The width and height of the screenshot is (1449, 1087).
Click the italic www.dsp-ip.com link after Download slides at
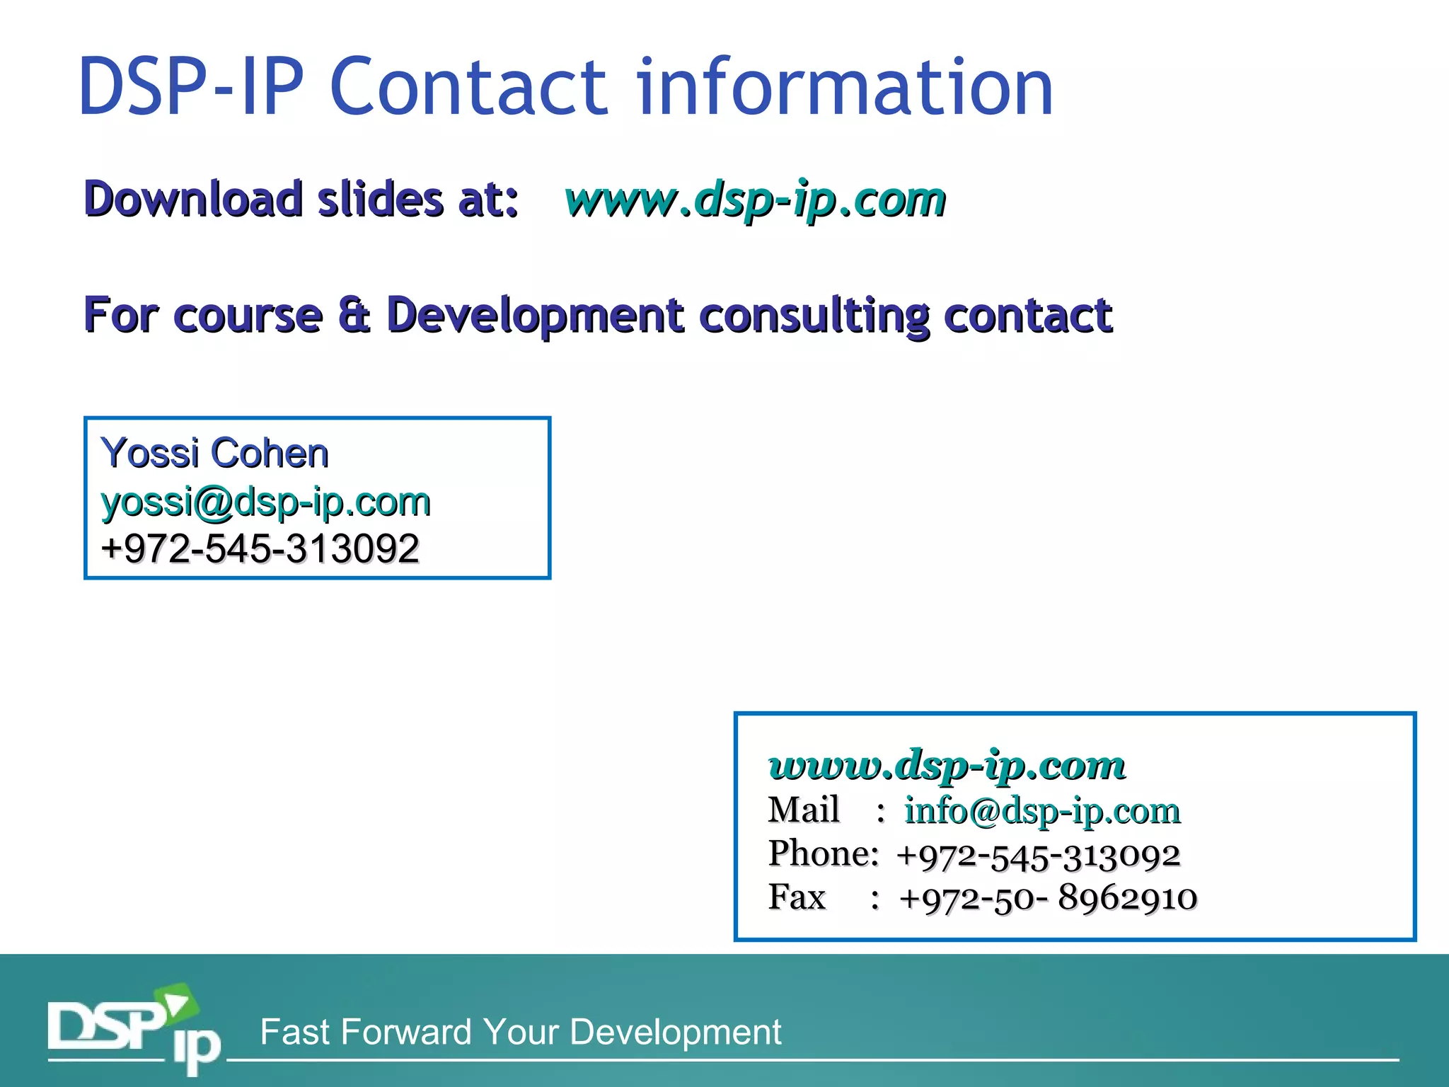click(755, 200)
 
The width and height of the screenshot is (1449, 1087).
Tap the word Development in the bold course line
click(535, 316)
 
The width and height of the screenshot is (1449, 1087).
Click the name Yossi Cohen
click(215, 453)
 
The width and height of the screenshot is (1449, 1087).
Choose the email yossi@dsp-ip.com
click(266, 502)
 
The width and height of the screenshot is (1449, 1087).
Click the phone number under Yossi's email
click(260, 549)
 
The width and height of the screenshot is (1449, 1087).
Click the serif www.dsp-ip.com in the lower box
click(947, 766)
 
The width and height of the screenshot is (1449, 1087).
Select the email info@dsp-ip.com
click(1042, 811)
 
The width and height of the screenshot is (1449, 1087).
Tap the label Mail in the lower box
click(804, 810)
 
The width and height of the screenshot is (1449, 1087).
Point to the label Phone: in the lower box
click(824, 853)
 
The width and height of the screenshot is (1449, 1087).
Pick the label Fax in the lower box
click(797, 897)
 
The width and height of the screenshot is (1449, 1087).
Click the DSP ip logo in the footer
click(134, 1030)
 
